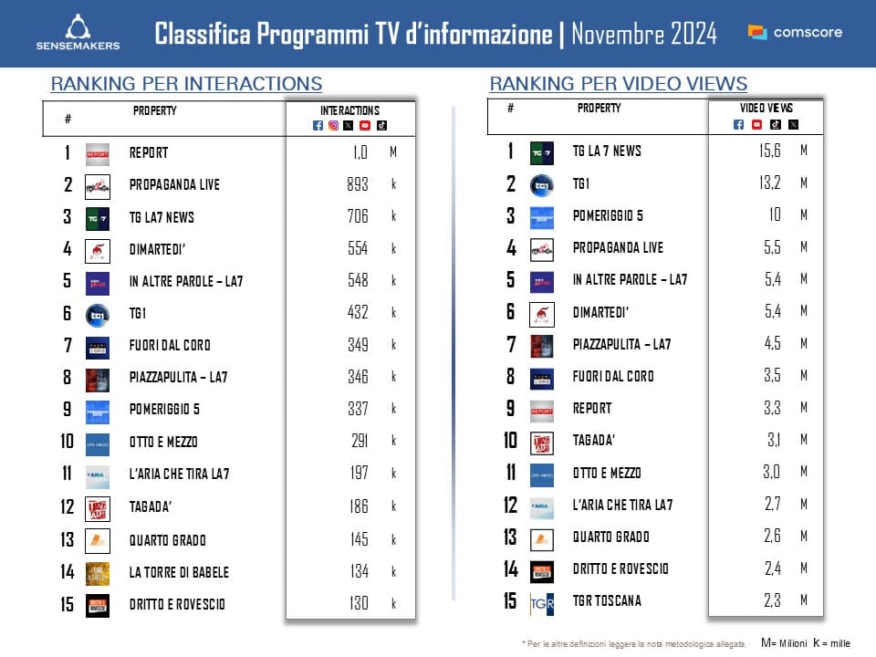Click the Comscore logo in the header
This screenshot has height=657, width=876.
795,33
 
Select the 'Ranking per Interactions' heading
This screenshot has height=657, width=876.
186,84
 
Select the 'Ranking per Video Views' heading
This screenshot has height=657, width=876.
619,84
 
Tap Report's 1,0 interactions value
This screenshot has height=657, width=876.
360,152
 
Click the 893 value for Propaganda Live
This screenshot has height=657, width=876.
358,184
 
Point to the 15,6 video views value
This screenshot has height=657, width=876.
770,151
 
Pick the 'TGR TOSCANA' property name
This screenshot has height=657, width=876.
607,600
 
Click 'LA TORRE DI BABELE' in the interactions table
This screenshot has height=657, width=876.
179,572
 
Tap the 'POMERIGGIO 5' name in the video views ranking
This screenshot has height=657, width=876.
608,215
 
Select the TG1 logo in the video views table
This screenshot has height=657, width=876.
542,184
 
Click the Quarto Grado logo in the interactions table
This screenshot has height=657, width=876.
98,540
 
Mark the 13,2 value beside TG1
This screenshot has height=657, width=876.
770,183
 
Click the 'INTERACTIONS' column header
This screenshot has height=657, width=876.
350,110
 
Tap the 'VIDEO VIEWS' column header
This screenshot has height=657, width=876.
766,108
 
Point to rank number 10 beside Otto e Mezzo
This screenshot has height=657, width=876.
67,442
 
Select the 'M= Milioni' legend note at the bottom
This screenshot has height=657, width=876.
784,642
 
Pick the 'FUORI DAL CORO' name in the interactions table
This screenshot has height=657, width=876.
170,345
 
